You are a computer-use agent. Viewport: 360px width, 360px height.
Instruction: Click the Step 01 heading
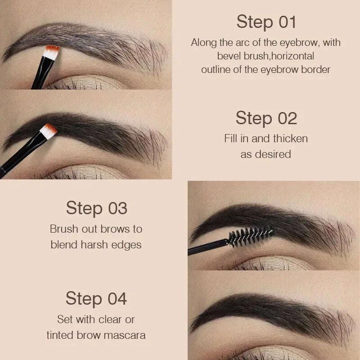265,22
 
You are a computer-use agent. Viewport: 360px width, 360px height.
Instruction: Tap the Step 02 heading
266,118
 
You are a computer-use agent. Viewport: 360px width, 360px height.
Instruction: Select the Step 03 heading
96,208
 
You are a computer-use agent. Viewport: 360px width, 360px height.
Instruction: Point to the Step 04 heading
96,298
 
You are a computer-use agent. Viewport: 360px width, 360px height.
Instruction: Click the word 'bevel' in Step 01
229,56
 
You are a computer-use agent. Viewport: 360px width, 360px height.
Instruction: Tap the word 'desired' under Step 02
273,154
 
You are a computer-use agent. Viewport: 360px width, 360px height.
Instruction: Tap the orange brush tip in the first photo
53,51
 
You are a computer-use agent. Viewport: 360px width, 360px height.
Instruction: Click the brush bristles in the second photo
49,130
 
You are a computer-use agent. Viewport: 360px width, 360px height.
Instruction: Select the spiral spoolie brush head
250,236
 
